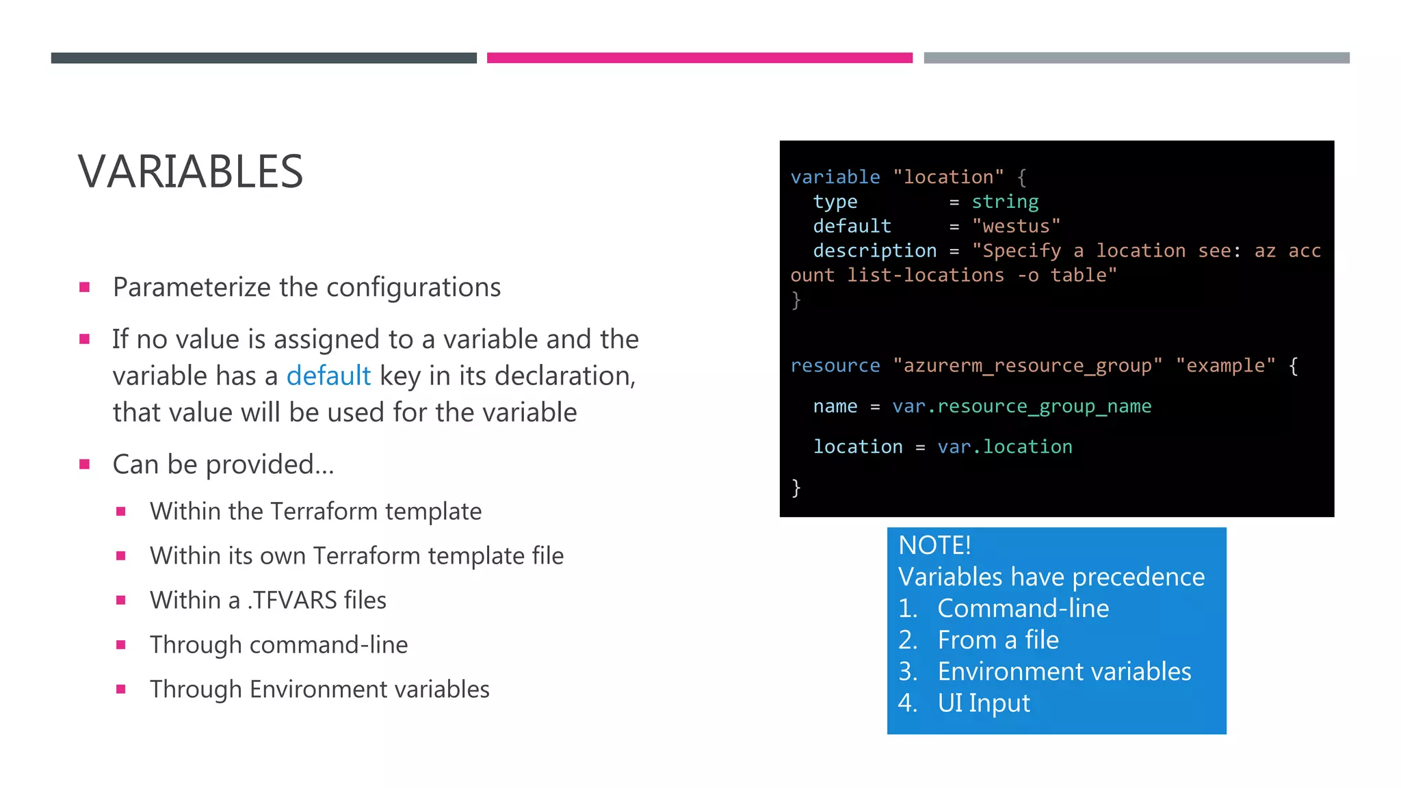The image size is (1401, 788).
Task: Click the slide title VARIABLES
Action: pyautogui.click(x=190, y=172)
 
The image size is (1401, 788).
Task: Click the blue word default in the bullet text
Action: pyautogui.click(x=328, y=376)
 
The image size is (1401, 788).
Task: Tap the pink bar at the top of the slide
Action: pyautogui.click(x=699, y=58)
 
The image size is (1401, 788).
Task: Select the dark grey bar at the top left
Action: pyautogui.click(x=263, y=58)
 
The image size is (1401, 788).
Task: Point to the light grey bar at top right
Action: pyautogui.click(x=1136, y=58)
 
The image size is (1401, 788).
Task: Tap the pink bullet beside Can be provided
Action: pyautogui.click(x=85, y=464)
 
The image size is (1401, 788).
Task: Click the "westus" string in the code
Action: pyautogui.click(x=1016, y=226)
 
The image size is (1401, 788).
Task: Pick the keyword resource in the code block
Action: pyautogui.click(x=835, y=366)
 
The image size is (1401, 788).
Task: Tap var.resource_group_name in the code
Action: pyautogui.click(x=1021, y=406)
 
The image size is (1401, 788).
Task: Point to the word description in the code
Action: pyautogui.click(x=874, y=251)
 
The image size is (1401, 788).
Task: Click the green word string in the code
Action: pyautogui.click(x=1005, y=202)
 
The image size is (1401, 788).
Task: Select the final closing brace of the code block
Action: pyautogui.click(x=796, y=488)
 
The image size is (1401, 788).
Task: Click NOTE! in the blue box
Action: pyautogui.click(x=934, y=545)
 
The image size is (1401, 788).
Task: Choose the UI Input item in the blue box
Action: pyautogui.click(x=983, y=703)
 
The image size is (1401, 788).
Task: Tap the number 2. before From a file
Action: pyautogui.click(x=908, y=640)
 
